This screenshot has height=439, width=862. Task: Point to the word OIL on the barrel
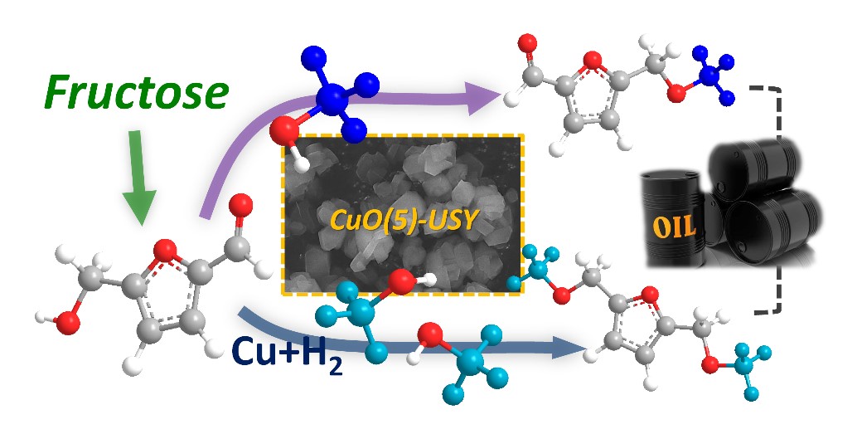click(674, 225)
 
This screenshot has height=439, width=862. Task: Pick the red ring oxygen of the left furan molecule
click(166, 248)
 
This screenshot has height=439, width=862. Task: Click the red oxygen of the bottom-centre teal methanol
click(430, 336)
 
